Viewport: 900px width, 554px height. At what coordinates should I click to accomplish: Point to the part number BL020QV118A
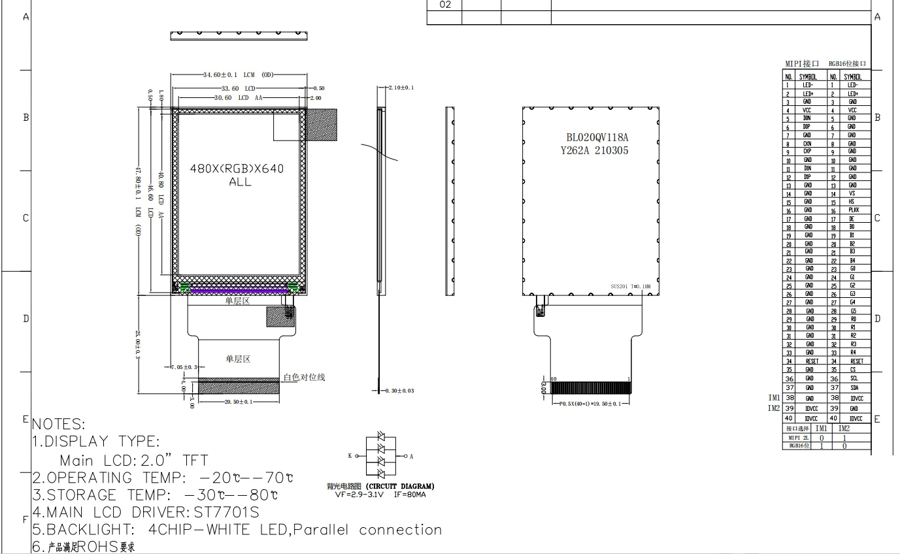coord(597,138)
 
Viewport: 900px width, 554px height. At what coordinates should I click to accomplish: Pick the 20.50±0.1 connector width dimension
coord(239,402)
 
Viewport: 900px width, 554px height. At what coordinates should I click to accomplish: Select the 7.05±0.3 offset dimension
coord(183,367)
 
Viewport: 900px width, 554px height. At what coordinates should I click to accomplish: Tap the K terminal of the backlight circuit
coord(350,455)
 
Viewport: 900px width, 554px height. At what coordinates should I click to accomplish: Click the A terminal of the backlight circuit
coord(411,456)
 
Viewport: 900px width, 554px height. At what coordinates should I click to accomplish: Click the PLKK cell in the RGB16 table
coord(854,210)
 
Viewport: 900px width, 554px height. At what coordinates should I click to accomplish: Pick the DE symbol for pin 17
coord(852,219)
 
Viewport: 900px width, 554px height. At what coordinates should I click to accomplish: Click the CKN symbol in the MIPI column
coord(807,144)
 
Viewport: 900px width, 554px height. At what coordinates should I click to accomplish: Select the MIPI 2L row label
coord(798,438)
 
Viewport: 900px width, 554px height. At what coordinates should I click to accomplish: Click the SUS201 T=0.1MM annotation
coord(635,286)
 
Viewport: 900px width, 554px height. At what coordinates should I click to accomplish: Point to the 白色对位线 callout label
coord(304,378)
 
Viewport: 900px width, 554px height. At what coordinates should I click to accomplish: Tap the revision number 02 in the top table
coord(445,5)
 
